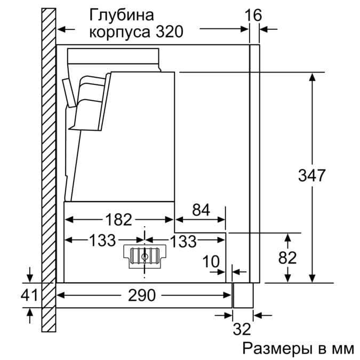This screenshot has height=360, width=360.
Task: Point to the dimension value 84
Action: (201, 210)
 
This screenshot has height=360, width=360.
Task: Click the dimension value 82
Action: (287, 258)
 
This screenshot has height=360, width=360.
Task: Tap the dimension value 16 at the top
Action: (254, 15)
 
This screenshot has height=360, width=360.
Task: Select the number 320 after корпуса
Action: (170, 32)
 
